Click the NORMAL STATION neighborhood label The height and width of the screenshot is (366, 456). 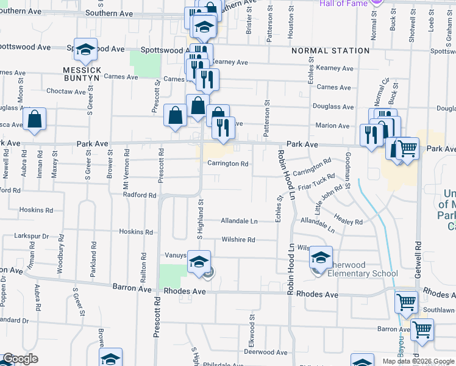pos(330,51)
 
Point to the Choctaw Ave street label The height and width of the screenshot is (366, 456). pos(67,91)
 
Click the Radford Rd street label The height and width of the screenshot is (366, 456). pos(140,195)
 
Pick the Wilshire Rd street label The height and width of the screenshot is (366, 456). pos(238,240)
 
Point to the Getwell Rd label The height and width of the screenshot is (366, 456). pos(418,257)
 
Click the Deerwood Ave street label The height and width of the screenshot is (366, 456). pos(265,352)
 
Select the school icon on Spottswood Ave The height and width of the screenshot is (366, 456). pos(86,49)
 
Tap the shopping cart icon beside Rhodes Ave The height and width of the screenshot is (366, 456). pos(406,301)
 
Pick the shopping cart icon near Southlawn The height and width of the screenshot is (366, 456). pos(422,329)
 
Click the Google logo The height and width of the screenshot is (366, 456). pos(20,359)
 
